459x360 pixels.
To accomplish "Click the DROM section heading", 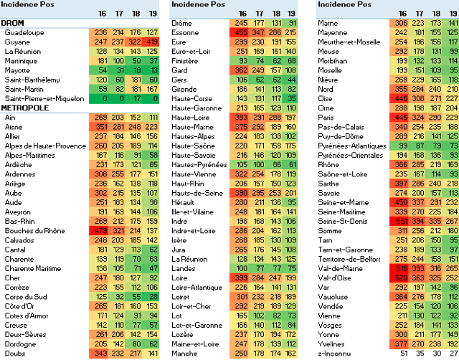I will tap(14, 24).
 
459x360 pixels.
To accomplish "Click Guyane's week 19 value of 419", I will tap(151, 42).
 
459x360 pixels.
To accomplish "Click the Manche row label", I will tap(184, 352).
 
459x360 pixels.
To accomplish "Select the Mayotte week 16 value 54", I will tap(100, 70).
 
